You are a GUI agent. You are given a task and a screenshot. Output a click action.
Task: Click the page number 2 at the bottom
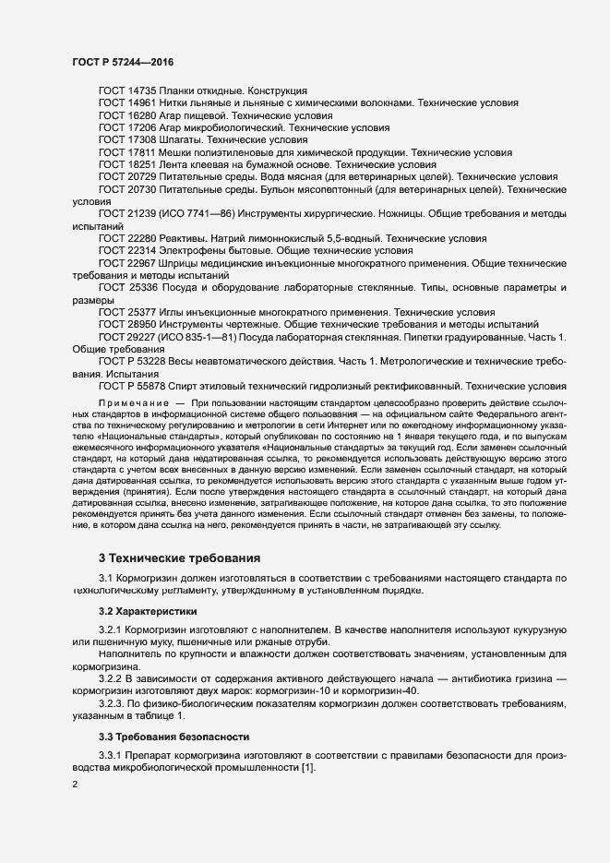(75, 785)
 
